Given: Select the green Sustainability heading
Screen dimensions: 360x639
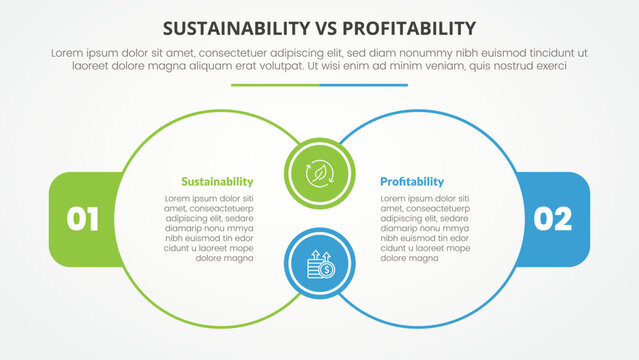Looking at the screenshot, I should coord(217,182).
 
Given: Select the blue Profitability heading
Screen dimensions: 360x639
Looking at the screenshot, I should coord(412,182).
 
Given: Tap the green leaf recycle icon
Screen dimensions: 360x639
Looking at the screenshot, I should coord(319,173).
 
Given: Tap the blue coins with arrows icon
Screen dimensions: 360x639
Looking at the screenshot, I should coord(319,267).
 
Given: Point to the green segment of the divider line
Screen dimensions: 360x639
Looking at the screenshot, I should coord(275,85).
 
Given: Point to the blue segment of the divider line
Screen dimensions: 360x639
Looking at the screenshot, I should coord(364,85).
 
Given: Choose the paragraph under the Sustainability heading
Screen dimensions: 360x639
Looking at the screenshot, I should coord(209,228).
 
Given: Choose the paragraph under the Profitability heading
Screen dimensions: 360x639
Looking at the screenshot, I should coord(424,228).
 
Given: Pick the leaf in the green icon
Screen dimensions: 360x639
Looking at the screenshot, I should coord(319,173).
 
